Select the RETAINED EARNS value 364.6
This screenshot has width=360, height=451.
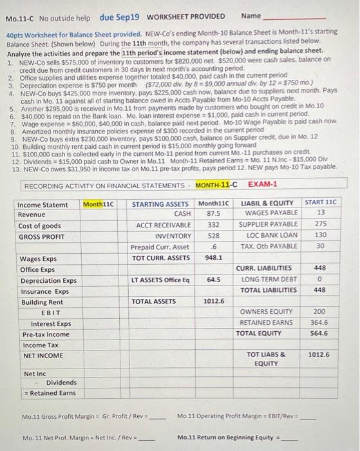pyautogui.click(x=319, y=322)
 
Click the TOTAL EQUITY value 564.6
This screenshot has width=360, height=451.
pyautogui.click(x=319, y=333)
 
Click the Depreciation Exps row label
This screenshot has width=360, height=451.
pyautogui.click(x=48, y=280)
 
